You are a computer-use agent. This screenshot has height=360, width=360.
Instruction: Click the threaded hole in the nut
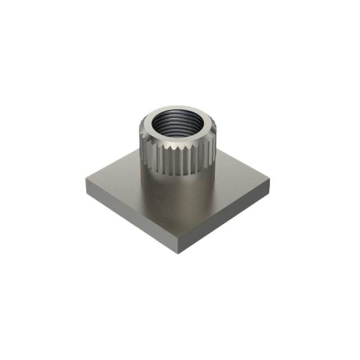coord(177,124)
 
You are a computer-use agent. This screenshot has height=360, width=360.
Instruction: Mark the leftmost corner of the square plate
coord(87,181)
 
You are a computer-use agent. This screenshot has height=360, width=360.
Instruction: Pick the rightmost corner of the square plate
coord(271,182)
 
